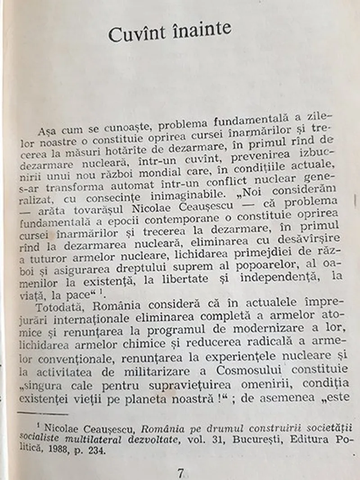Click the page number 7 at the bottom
point(180,473)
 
